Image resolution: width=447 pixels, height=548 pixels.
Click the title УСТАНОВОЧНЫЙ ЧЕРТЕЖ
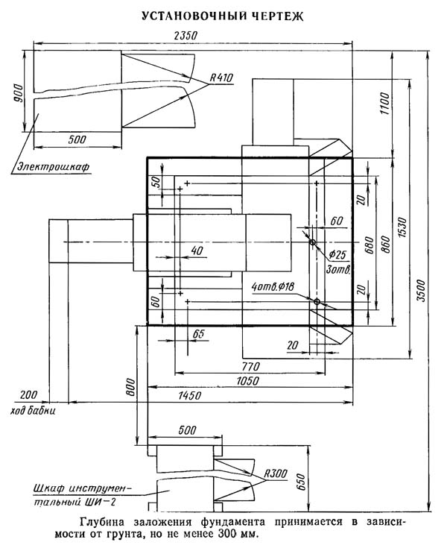click(223, 16)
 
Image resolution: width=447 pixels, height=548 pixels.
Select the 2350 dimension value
click(186, 36)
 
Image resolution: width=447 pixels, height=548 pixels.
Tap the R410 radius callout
click(221, 78)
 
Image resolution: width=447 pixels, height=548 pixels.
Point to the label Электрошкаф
click(54, 166)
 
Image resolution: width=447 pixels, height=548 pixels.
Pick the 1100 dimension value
click(384, 104)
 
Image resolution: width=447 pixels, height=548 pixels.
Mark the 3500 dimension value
click(422, 291)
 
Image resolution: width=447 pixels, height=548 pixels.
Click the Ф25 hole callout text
click(337, 254)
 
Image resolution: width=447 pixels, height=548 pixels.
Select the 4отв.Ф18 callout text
click(273, 287)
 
